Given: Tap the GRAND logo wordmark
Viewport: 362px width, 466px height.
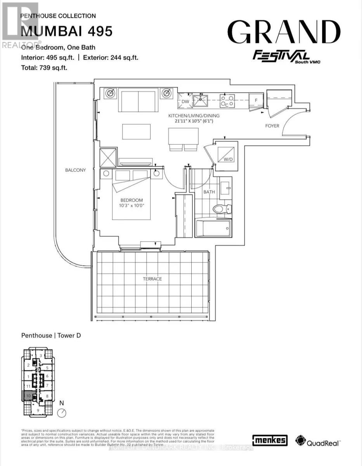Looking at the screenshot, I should click(x=283, y=33).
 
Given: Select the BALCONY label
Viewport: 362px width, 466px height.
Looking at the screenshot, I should click(x=76, y=170).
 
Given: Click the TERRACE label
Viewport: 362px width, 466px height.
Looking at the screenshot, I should click(x=152, y=279).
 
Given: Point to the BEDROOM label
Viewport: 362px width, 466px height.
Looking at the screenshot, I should click(x=132, y=200).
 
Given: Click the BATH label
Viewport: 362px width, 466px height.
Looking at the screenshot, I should click(x=209, y=192).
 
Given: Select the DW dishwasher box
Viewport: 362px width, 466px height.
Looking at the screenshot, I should click(x=185, y=101).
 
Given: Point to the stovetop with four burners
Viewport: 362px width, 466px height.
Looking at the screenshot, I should click(x=227, y=101).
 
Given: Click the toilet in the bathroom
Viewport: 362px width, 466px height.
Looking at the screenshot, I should click(x=220, y=209).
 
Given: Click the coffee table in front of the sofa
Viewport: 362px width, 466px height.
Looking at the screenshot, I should click(x=136, y=131).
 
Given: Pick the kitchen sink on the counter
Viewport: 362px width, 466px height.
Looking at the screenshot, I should click(x=201, y=101).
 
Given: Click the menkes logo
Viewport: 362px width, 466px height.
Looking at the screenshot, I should click(x=270, y=440).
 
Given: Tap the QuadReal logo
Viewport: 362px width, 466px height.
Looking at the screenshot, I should click(x=317, y=441).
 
